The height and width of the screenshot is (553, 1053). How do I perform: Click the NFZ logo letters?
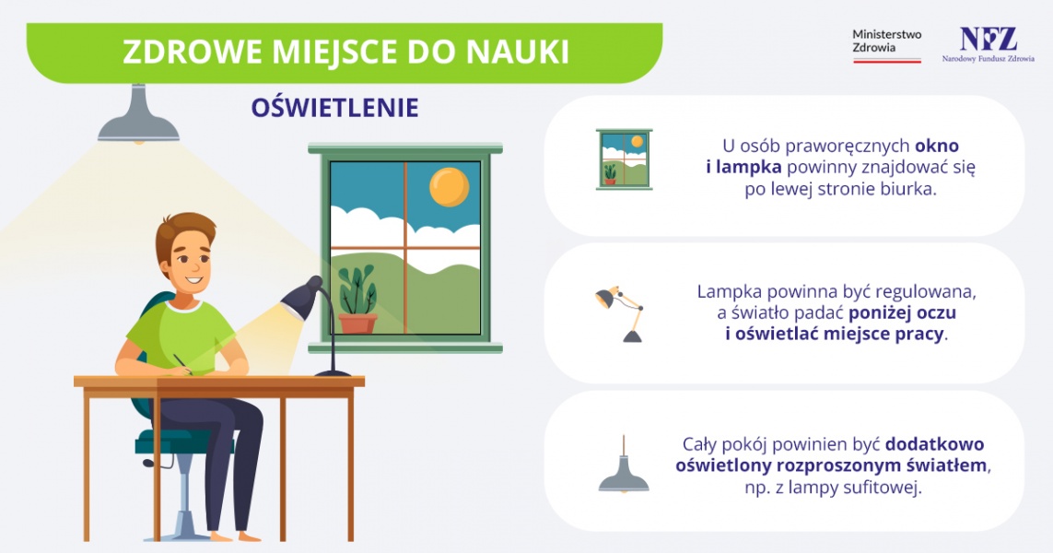988,39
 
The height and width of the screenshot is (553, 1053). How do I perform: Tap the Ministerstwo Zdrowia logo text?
886,41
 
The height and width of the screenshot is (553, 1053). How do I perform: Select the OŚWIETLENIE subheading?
334,108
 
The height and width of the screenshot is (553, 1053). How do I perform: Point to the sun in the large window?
450,186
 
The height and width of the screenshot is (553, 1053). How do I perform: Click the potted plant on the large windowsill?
357,300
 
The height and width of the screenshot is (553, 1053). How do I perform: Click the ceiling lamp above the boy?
138,114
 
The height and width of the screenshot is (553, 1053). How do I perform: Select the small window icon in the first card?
624,159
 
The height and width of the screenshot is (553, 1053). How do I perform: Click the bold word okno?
937,146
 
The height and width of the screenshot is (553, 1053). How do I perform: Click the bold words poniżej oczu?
902,313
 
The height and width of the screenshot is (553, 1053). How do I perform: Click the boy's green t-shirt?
181,336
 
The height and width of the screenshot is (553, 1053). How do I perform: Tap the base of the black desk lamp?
333,372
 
